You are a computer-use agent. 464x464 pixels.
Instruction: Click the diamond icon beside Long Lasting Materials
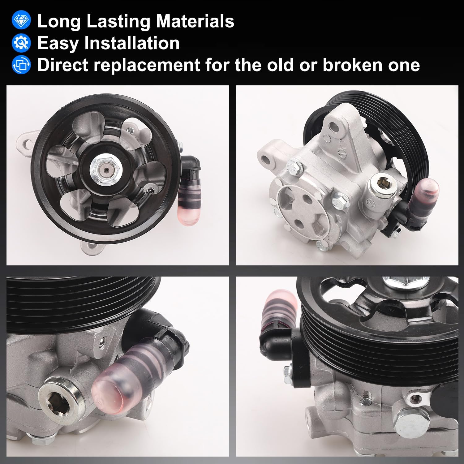coord(21,21)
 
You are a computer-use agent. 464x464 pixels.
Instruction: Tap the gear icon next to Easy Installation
coord(21,43)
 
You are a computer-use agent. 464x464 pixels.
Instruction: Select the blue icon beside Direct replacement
coord(21,65)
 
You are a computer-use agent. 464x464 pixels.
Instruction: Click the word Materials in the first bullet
coord(195,21)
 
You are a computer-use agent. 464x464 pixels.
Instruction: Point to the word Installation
coord(132,43)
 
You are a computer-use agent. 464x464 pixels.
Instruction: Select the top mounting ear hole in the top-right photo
coord(333,126)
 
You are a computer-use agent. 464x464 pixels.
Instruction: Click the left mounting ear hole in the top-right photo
coord(266,159)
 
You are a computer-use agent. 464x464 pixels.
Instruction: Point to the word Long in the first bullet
coord(59,22)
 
